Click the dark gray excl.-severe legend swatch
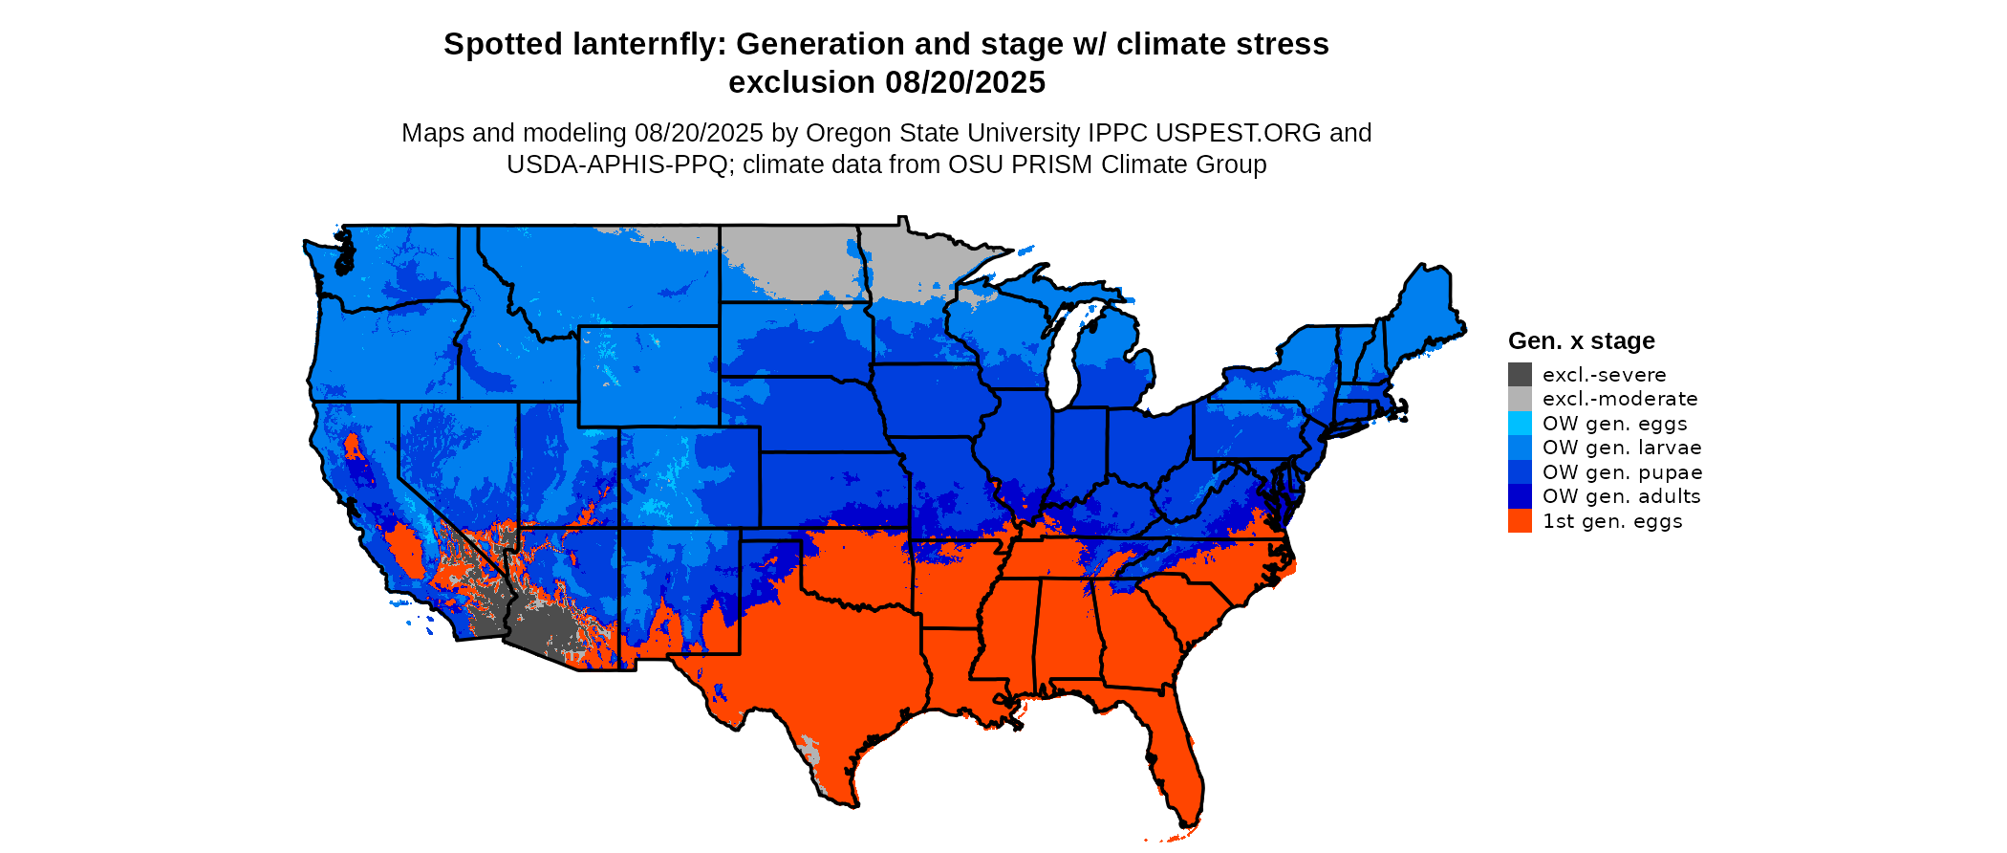pos(1520,375)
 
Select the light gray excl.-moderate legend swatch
pos(1520,399)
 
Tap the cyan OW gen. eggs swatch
pos(1520,424)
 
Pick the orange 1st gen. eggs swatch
pos(1520,521)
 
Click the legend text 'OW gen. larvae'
pos(1622,448)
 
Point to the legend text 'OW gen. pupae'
pos(1622,472)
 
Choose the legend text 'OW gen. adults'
pos(1621,496)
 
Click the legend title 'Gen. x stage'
pos(1581,340)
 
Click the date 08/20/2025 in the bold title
pos(965,82)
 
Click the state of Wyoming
pos(648,375)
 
